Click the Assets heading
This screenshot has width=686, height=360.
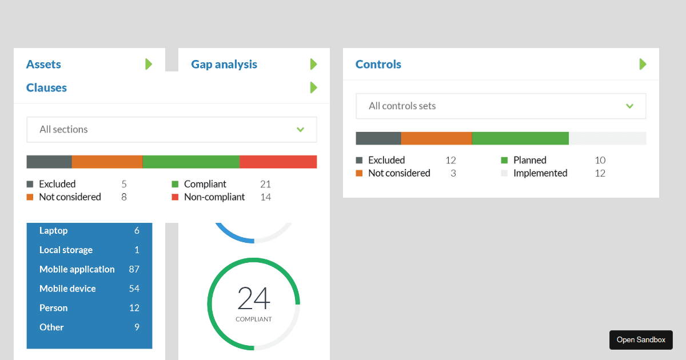43,65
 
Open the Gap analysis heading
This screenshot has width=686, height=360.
224,65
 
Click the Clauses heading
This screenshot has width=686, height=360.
46,88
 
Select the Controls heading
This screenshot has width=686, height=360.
378,65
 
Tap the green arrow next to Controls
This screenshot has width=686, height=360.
643,65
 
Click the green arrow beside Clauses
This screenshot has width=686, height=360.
313,88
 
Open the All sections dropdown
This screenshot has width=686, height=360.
171,130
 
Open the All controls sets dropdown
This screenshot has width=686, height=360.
501,106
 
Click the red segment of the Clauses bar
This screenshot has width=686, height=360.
278,162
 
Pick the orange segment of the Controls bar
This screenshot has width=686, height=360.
436,138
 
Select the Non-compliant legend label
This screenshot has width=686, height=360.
214,197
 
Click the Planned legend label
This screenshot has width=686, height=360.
530,161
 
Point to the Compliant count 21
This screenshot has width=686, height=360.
265,184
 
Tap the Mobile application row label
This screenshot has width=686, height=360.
77,269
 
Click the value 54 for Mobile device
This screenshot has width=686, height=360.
134,289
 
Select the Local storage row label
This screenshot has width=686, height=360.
66,250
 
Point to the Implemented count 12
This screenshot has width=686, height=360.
600,173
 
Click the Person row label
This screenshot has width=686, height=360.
54,308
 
